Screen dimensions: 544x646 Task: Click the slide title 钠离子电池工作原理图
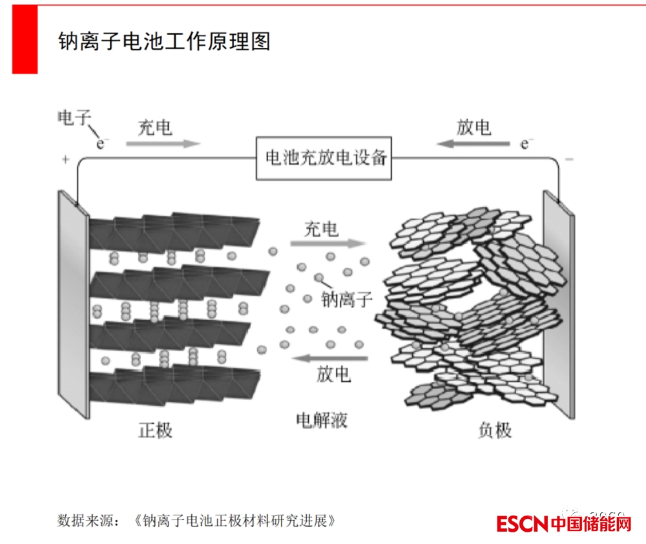(x=164, y=42)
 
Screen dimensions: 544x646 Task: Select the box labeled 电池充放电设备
(x=325, y=158)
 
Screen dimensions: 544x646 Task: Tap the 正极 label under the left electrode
(x=156, y=430)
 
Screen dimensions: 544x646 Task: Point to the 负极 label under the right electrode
(x=495, y=430)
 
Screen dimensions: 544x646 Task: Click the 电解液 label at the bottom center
(x=322, y=421)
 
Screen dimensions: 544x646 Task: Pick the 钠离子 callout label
(x=347, y=299)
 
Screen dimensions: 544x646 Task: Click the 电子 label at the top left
(x=74, y=118)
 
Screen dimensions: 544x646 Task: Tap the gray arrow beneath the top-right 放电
(x=474, y=143)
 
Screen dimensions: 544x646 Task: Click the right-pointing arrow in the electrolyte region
(x=328, y=244)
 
